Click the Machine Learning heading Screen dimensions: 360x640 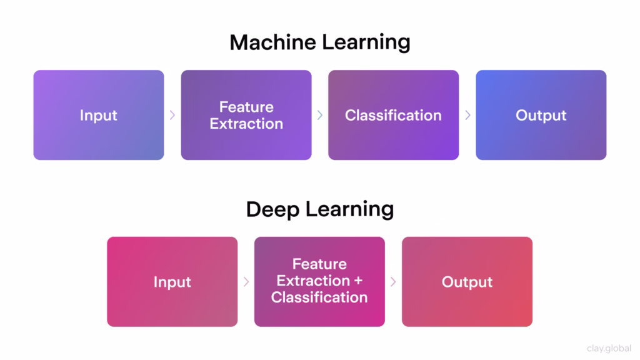[319, 42]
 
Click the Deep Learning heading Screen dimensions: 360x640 [319, 209]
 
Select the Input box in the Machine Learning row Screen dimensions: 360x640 [99, 115]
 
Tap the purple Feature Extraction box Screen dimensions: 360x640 [246, 115]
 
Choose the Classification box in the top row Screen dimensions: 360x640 [393, 115]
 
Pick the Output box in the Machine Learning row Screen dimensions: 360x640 [541, 115]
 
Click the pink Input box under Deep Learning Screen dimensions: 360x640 [172, 282]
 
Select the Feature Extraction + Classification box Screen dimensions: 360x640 [319, 282]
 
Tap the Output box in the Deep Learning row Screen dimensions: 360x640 [467, 282]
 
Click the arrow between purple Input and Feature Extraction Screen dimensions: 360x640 [172, 115]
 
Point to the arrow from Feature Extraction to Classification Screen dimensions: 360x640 [320, 115]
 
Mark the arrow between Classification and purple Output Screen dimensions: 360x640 [467, 115]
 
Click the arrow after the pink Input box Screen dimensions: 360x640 [246, 282]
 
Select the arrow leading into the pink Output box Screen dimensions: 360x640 [393, 282]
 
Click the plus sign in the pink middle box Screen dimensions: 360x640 [357, 281]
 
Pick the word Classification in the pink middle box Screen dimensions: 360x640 [319, 297]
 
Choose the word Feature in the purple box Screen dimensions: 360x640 [246, 107]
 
